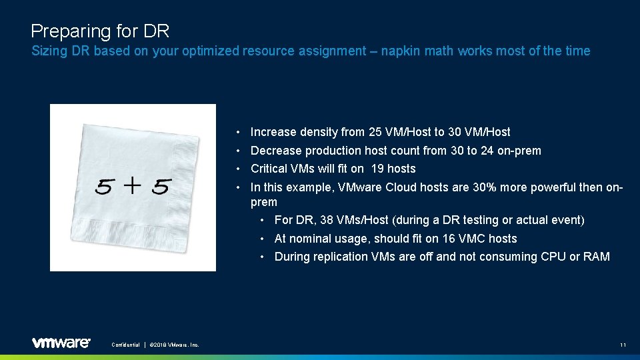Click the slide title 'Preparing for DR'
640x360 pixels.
coord(100,31)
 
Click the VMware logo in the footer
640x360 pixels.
coord(61,343)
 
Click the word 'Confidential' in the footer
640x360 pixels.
coord(125,345)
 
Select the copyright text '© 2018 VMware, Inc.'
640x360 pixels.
coord(174,345)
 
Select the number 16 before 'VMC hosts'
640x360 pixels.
coord(443,239)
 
